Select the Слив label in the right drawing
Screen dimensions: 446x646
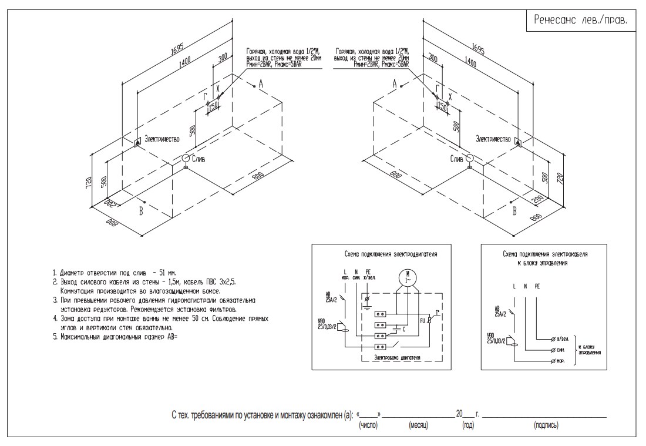point(456,159)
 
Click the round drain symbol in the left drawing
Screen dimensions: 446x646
point(186,158)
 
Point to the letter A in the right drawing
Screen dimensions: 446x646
point(395,85)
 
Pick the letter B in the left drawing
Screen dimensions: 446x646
point(140,212)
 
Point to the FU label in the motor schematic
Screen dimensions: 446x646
point(422,321)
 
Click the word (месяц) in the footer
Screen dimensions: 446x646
point(418,425)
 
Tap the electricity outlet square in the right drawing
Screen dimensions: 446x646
point(517,142)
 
